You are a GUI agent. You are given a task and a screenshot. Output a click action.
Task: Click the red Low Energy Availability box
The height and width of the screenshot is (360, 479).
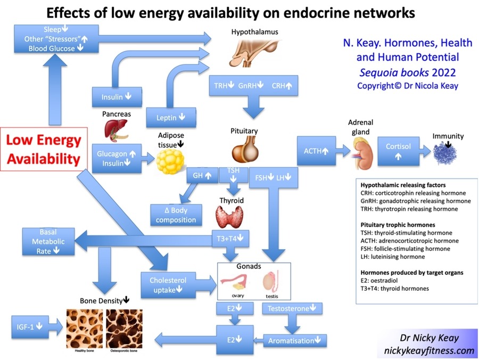(44, 149)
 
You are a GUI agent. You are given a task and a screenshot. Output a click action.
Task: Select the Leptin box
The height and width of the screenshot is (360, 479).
(171, 117)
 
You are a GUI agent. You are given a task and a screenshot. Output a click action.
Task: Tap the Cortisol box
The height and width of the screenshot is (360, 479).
(398, 151)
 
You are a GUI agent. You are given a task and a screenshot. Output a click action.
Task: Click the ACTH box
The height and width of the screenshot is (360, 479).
(317, 151)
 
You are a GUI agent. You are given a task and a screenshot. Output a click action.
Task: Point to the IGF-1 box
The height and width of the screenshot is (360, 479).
(30, 327)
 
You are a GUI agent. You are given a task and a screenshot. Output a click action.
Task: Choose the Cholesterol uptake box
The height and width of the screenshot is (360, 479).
(168, 285)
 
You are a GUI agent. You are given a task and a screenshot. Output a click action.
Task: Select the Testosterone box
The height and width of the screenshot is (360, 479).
(292, 308)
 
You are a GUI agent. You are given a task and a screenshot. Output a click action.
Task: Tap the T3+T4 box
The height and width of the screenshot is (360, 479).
(230, 239)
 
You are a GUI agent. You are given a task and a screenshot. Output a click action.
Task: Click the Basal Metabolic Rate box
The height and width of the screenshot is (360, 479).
(48, 241)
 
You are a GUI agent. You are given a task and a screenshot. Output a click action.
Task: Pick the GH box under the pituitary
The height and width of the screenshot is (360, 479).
(202, 175)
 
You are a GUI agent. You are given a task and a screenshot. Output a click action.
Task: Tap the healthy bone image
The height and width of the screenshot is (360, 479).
(85, 329)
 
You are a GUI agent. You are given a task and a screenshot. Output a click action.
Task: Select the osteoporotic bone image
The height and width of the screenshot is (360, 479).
(124, 329)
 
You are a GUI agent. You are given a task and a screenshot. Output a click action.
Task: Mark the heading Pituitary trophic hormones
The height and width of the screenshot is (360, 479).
(398, 225)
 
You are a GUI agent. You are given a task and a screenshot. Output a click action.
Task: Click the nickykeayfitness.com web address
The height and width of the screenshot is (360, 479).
(429, 350)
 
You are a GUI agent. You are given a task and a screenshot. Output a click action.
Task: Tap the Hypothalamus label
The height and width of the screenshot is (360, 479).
(255, 32)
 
